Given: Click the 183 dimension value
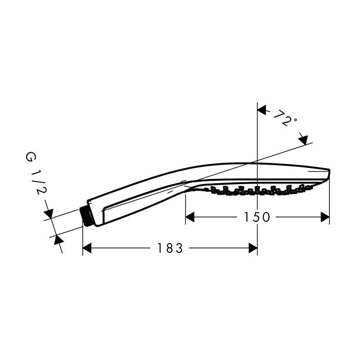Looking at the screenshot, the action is click(170, 248).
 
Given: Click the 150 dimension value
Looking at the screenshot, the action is click(256, 217).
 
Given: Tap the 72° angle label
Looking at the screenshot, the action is click(285, 118).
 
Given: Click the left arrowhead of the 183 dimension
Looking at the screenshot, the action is click(87, 248).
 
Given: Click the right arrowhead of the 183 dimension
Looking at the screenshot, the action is click(253, 248).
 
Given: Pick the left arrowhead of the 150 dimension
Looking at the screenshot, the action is click(190, 217).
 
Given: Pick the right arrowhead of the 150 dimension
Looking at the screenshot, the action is click(325, 217).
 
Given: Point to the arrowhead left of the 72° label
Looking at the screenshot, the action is click(262, 110).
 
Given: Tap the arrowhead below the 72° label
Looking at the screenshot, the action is click(303, 140).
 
